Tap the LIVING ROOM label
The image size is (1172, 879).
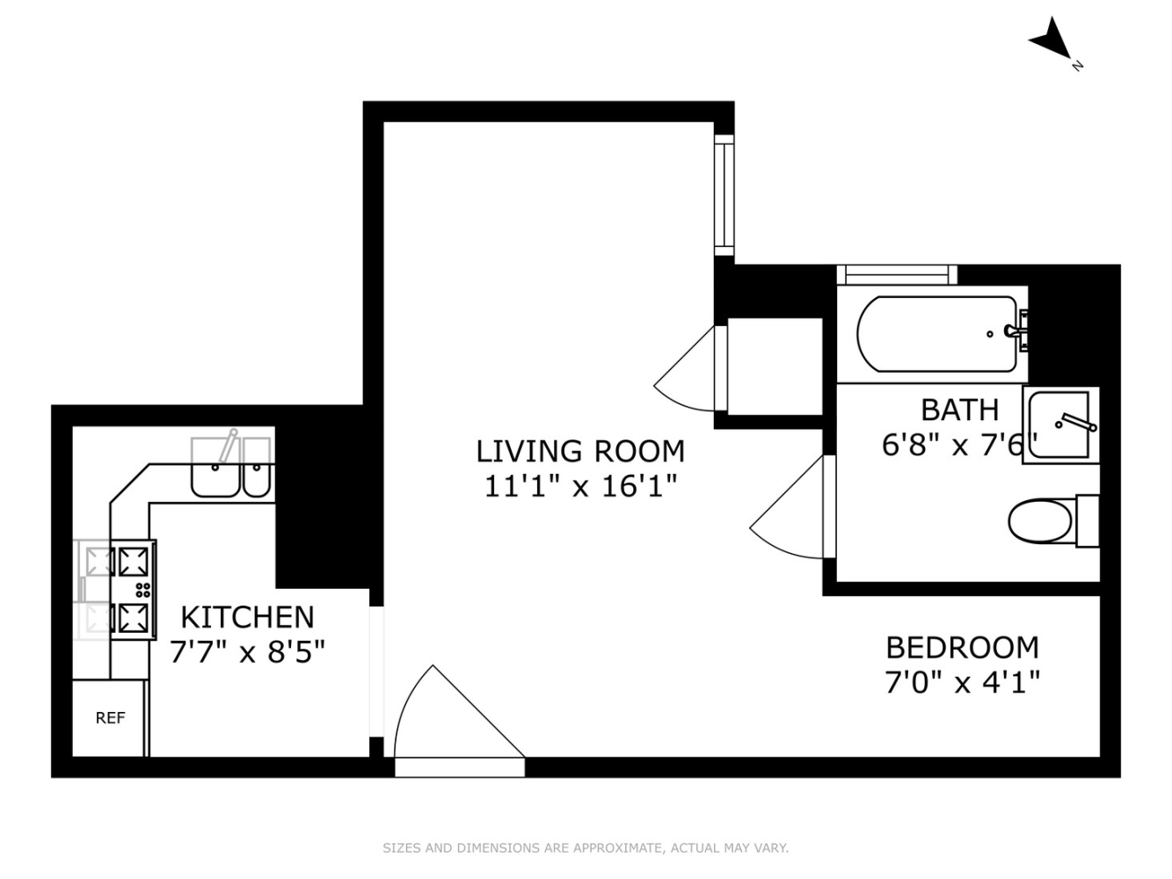pyautogui.click(x=579, y=451)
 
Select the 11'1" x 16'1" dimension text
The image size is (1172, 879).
pyautogui.click(x=579, y=485)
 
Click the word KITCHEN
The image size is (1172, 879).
pyautogui.click(x=247, y=617)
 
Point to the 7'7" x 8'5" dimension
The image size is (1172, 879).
pyautogui.click(x=247, y=652)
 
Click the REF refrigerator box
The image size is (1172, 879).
pyautogui.click(x=110, y=718)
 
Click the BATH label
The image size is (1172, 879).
pyautogui.click(x=959, y=410)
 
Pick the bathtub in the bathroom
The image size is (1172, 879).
pyautogui.click(x=936, y=334)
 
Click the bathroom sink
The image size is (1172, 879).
pyautogui.click(x=1060, y=425)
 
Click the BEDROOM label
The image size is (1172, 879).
pyautogui.click(x=962, y=648)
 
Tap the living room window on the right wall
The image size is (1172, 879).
pyautogui.click(x=724, y=195)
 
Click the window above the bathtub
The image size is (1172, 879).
pyautogui.click(x=896, y=274)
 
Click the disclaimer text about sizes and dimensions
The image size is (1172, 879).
pyautogui.click(x=585, y=848)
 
